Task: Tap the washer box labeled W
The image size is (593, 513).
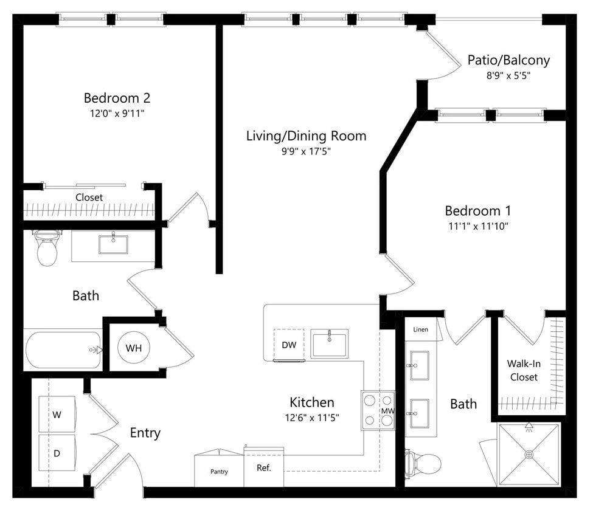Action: [57, 415]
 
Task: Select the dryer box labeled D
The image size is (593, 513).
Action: [57, 453]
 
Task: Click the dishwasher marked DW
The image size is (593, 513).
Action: [289, 345]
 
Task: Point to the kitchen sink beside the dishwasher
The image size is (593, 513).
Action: [329, 344]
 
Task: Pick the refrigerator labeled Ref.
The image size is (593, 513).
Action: [263, 468]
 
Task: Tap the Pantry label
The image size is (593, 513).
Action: [219, 472]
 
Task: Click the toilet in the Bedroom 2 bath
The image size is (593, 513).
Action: [47, 249]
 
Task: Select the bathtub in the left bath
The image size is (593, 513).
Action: [62, 349]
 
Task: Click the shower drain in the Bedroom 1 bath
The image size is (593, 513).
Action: [529, 454]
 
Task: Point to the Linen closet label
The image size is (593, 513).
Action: [420, 329]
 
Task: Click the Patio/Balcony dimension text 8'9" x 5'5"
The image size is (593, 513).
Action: [508, 76]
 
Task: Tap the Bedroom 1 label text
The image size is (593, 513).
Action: [477, 211]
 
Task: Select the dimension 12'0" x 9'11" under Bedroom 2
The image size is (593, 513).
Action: [117, 113]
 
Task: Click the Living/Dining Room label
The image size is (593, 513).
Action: [306, 136]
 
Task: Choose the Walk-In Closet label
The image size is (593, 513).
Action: [524, 370]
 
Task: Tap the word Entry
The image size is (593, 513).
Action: [145, 433]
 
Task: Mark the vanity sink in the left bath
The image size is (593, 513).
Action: [113, 244]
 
